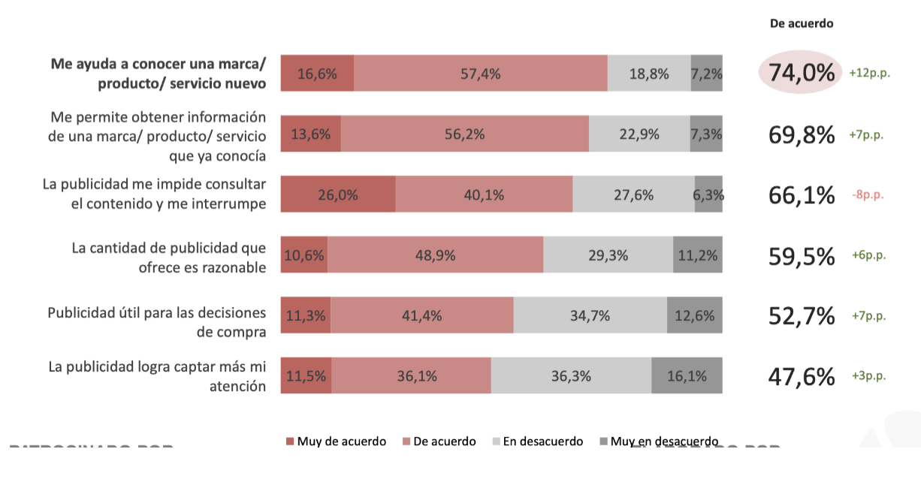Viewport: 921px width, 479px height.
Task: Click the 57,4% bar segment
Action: [481, 74]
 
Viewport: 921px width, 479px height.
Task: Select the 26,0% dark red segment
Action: [338, 195]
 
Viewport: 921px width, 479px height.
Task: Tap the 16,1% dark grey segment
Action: [687, 376]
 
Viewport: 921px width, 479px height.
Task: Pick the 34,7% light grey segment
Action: [590, 315]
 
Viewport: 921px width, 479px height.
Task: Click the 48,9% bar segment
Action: [435, 255]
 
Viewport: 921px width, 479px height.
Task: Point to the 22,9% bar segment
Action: [639, 134]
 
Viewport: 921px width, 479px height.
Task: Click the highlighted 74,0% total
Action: [802, 74]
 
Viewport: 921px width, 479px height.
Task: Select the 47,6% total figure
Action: [802, 376]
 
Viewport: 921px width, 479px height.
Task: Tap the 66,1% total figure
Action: [802, 195]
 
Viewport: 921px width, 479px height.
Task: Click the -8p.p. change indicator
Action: [868, 195]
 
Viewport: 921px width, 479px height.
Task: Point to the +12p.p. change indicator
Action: [869, 74]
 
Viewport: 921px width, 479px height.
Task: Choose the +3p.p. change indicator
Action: [868, 376]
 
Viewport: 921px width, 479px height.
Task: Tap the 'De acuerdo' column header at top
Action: [802, 23]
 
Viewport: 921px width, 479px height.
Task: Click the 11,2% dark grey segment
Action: [698, 255]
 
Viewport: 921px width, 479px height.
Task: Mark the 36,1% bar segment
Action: [412, 376]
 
